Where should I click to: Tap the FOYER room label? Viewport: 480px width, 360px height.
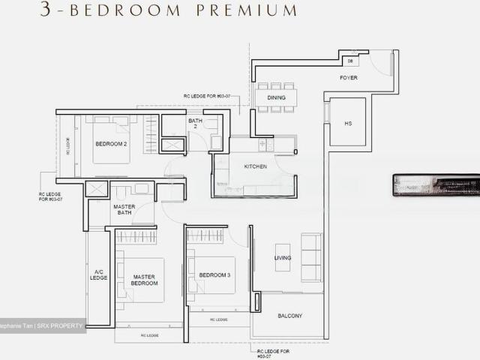pyautogui.click(x=349, y=77)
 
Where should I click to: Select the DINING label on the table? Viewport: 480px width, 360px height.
pyautogui.click(x=276, y=97)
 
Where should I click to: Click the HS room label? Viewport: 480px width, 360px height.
pyautogui.click(x=347, y=123)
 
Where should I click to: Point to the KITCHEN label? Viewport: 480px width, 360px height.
pyautogui.click(x=256, y=166)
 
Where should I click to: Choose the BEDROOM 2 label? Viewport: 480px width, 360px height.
pyautogui.click(x=111, y=143)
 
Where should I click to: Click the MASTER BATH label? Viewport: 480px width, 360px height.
pyautogui.click(x=124, y=209)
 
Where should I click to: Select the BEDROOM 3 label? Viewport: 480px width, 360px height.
pyautogui.click(x=214, y=275)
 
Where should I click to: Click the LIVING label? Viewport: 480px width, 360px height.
pyautogui.click(x=282, y=258)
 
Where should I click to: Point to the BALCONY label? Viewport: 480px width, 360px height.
pyautogui.click(x=289, y=316)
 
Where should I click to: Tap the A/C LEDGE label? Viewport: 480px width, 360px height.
pyautogui.click(x=98, y=274)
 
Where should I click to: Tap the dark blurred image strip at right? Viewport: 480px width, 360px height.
pyautogui.click(x=436, y=185)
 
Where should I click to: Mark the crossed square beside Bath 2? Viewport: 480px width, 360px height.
pyautogui.click(x=172, y=145)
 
